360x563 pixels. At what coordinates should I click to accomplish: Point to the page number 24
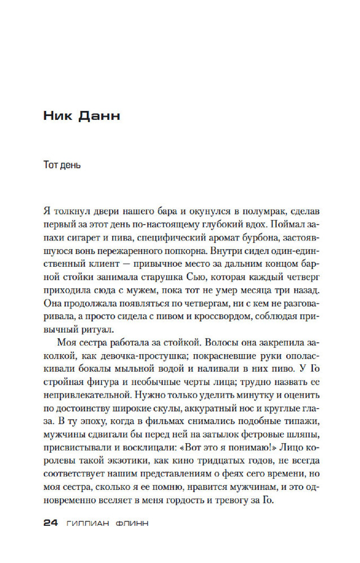click(x=51, y=522)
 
